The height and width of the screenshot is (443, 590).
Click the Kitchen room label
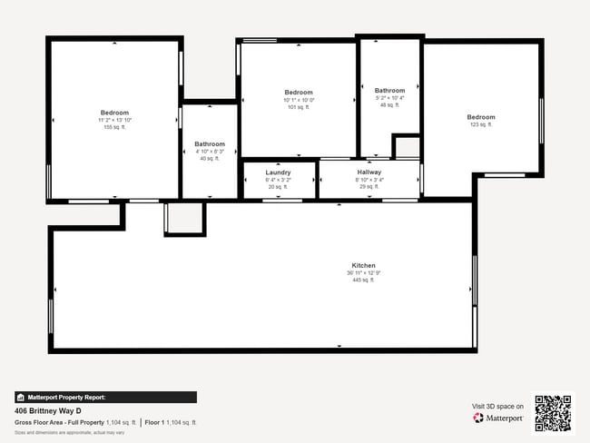point(363,265)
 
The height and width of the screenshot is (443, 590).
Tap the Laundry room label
point(278,172)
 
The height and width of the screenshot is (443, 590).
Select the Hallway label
point(369,172)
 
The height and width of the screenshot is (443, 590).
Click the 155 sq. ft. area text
point(115,127)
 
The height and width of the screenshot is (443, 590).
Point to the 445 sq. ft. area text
point(363,281)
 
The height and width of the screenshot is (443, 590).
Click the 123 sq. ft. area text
point(480,125)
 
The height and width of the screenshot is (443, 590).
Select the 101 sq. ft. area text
point(299,107)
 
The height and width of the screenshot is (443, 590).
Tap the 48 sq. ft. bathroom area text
point(389,105)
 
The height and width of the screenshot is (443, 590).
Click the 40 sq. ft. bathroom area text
point(210,159)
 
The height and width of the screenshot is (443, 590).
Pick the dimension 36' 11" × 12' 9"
point(363,273)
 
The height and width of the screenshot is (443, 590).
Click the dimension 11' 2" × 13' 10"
point(115,120)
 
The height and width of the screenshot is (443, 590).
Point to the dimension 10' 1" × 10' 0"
point(299,100)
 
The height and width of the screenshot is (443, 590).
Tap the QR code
point(553,412)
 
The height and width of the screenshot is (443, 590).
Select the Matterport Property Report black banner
point(105,397)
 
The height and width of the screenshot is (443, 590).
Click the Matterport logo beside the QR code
point(497,418)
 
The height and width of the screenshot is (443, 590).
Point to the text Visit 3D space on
point(497,407)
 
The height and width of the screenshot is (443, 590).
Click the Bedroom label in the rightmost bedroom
point(481,117)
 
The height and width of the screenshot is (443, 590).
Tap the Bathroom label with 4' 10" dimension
point(210,143)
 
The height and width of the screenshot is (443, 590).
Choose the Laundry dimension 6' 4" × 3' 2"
point(278,180)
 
